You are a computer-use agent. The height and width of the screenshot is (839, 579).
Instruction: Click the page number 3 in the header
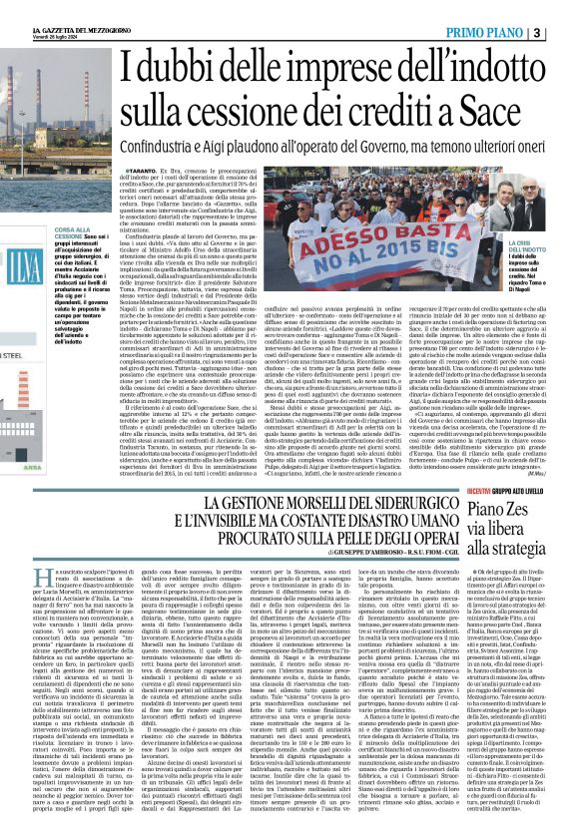pos(565,10)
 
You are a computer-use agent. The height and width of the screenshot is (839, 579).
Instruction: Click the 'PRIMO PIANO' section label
pos(505,10)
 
